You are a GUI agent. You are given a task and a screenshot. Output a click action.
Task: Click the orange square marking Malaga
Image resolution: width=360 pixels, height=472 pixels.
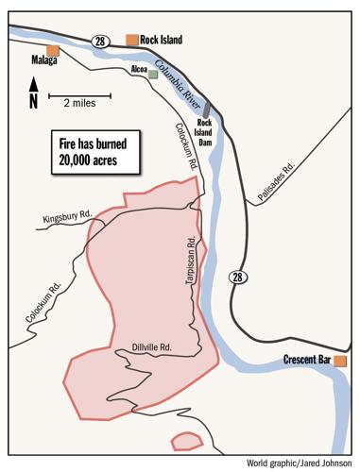click(x=53, y=50)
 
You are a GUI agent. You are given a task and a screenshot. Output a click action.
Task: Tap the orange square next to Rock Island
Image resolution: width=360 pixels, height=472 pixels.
click(x=131, y=40)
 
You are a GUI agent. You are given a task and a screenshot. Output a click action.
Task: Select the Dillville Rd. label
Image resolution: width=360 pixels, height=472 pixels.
click(x=151, y=346)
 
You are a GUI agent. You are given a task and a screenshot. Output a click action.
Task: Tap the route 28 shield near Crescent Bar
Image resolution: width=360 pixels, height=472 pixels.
click(x=238, y=276)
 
